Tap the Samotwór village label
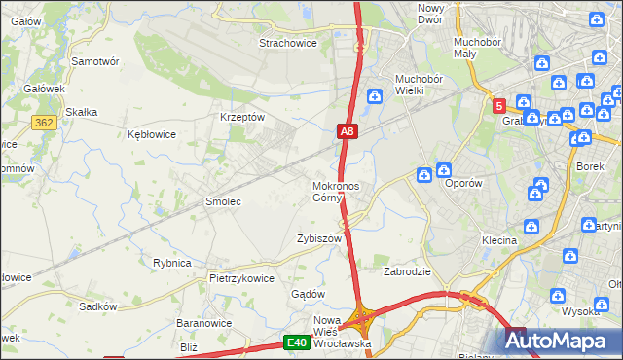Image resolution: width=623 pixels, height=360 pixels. [x=95, y=60]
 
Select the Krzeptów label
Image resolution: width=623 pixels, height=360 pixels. [x=243, y=116]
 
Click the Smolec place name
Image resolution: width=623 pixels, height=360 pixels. [x=222, y=201]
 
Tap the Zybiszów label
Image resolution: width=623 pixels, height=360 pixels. [x=319, y=238]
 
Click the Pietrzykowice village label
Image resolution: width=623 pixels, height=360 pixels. [x=241, y=277]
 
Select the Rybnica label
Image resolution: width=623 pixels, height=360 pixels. [x=172, y=263]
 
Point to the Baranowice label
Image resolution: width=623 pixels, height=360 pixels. [x=202, y=322]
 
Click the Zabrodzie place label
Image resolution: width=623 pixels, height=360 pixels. [x=407, y=271]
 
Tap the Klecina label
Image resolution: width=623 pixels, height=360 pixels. [x=498, y=239]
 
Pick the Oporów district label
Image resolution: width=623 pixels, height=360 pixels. [x=463, y=182]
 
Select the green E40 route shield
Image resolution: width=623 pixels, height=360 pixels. [x=297, y=342]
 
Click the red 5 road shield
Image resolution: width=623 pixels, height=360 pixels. [x=498, y=105]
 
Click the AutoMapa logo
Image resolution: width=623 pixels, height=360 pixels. [x=563, y=342]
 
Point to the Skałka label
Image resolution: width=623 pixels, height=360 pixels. [x=81, y=112]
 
